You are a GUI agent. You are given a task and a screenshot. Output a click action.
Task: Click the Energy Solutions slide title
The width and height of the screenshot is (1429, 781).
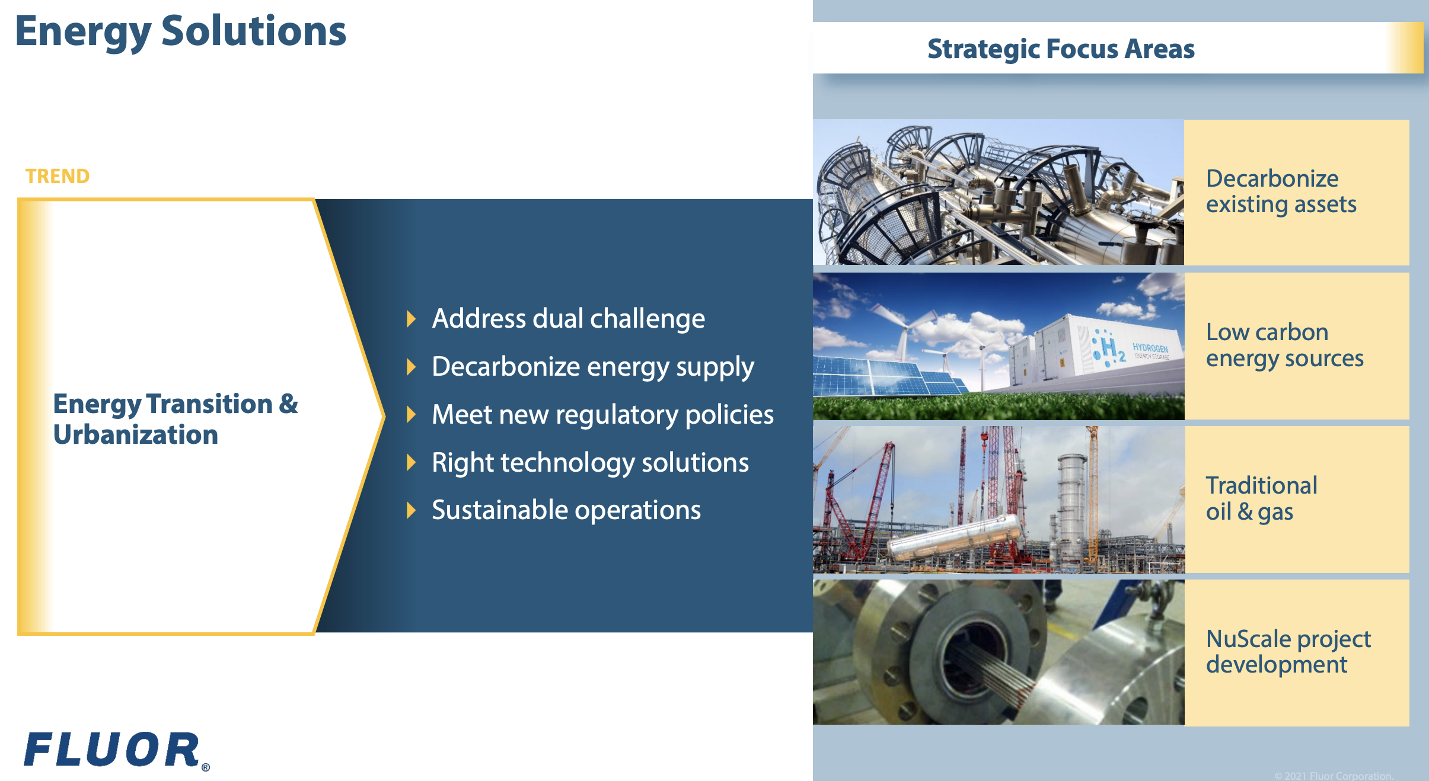[x=180, y=32]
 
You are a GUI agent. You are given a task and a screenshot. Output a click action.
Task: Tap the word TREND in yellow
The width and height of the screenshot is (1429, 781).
[x=58, y=176]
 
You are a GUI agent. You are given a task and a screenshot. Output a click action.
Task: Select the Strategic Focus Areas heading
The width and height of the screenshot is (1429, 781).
[x=1061, y=49]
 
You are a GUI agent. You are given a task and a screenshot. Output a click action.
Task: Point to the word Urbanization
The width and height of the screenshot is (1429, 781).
[x=136, y=434]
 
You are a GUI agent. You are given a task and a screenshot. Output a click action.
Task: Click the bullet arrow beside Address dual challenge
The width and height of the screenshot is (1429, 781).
[x=411, y=318]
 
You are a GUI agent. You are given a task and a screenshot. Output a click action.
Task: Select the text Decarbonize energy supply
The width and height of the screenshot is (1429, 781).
[x=593, y=367]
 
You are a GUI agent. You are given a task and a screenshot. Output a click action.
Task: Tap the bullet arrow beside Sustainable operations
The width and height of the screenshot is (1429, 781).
[x=411, y=510]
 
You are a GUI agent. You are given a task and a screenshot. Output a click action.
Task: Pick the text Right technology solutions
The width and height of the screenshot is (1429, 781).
[x=590, y=463]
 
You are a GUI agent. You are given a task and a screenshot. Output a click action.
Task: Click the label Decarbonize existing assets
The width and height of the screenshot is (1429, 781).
[x=1281, y=191]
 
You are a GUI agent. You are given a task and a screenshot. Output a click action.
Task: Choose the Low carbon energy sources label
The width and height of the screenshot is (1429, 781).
[x=1284, y=345]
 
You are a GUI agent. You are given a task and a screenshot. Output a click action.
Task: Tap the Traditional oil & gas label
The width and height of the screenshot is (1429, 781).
[x=1261, y=498]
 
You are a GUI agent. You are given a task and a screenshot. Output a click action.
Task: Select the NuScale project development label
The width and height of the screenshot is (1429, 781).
[x=1288, y=652]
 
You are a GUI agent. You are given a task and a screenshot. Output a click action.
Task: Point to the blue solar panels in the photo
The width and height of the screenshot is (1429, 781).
[x=889, y=377]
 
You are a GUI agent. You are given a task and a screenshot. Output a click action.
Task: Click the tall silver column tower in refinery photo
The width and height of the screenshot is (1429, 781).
[x=1071, y=504]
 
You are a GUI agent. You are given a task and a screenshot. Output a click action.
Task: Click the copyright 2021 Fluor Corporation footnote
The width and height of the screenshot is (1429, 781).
[x=1334, y=776]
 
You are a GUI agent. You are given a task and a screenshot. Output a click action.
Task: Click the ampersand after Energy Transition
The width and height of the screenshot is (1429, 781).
[x=288, y=404]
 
